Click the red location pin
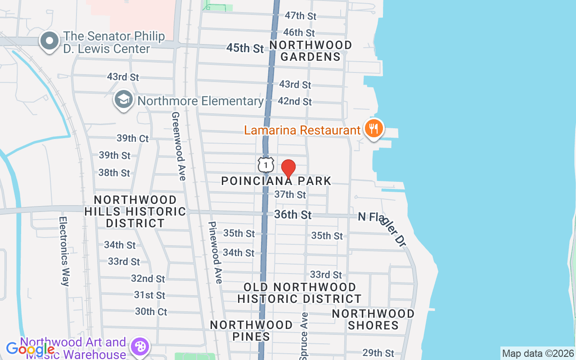tap(288, 169)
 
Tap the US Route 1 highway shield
tap(266, 165)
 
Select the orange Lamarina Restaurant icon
tap(373, 130)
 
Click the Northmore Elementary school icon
tap(123, 101)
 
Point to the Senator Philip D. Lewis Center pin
tap(49, 42)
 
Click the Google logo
tap(30, 349)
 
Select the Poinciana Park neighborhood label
tap(276, 181)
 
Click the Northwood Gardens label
tap(310, 51)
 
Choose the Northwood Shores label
tap(373, 319)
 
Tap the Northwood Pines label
tap(251, 330)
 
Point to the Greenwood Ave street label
tap(178, 146)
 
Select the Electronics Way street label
tap(64, 252)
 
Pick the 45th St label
tap(245, 48)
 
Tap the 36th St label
tap(292, 215)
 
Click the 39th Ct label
tap(132, 138)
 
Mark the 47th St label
tap(300, 16)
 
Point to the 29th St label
tap(378, 353)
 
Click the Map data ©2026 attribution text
tap(538, 353)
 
